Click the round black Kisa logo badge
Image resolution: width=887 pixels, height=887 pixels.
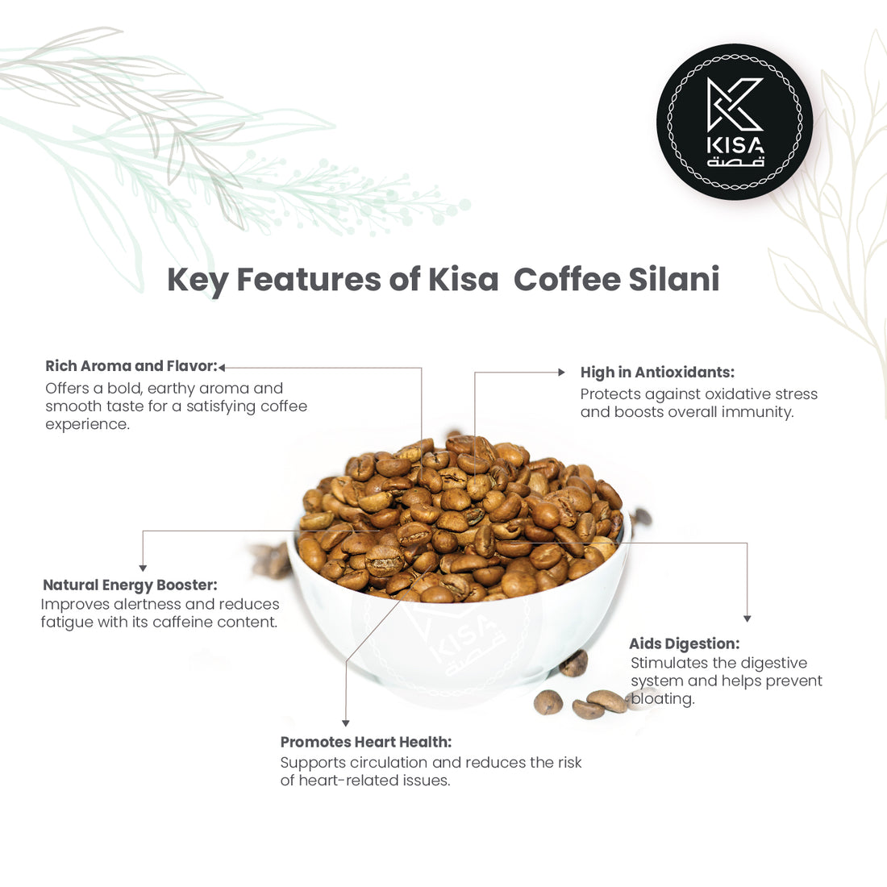click(735, 122)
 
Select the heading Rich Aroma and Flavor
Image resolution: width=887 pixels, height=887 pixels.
click(131, 366)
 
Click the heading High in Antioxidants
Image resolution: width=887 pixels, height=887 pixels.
click(657, 373)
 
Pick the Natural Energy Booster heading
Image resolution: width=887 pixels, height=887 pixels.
click(130, 585)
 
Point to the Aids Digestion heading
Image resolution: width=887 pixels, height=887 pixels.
click(684, 643)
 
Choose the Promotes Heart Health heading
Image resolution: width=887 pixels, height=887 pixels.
click(365, 742)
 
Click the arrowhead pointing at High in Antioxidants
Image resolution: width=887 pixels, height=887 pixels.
click(562, 373)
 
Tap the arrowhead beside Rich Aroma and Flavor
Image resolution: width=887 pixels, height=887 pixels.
click(222, 368)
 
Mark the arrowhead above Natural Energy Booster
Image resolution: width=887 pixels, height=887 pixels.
click(143, 568)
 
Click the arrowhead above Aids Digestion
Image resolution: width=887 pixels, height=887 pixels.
click(747, 618)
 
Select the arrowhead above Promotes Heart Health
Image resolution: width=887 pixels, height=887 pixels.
click(345, 723)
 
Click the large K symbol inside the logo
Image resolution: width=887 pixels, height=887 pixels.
click(735, 105)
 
